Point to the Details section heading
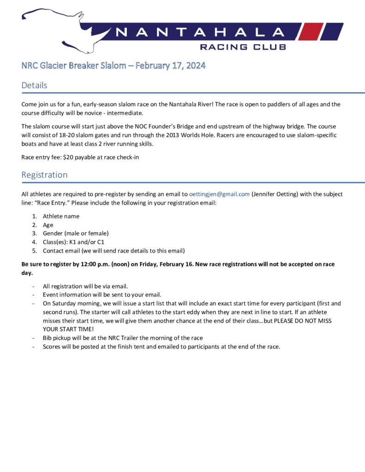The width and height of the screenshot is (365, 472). pyautogui.click(x=34, y=85)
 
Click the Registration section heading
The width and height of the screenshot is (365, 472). pyautogui.click(x=44, y=175)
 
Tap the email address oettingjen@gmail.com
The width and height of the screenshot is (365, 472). pyautogui.click(x=220, y=194)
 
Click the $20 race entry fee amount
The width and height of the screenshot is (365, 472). pyautogui.click(x=67, y=157)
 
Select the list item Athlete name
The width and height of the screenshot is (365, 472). pyautogui.click(x=61, y=216)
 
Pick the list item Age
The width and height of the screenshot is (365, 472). pyautogui.click(x=48, y=225)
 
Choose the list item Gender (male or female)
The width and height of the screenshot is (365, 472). pyautogui.click(x=76, y=233)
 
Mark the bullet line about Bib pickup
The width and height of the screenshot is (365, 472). pyautogui.click(x=123, y=338)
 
